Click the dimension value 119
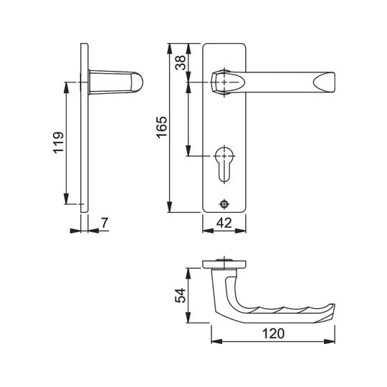[x=59, y=143]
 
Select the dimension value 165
[x=162, y=127]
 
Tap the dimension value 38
[x=181, y=62]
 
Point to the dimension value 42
[x=224, y=223]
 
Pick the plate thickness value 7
[x=105, y=223]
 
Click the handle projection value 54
[x=180, y=295]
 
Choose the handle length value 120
[x=273, y=334]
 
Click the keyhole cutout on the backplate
[x=224, y=164]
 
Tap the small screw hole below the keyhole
[x=224, y=204]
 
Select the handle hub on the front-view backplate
[x=224, y=82]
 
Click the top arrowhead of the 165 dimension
[x=169, y=49]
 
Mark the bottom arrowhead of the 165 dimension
[x=169, y=207]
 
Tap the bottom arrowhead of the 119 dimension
[x=66, y=199]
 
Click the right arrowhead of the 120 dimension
[x=330, y=341]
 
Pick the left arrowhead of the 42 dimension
[x=208, y=231]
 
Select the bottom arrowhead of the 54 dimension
[x=188, y=317]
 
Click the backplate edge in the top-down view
[x=224, y=264]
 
